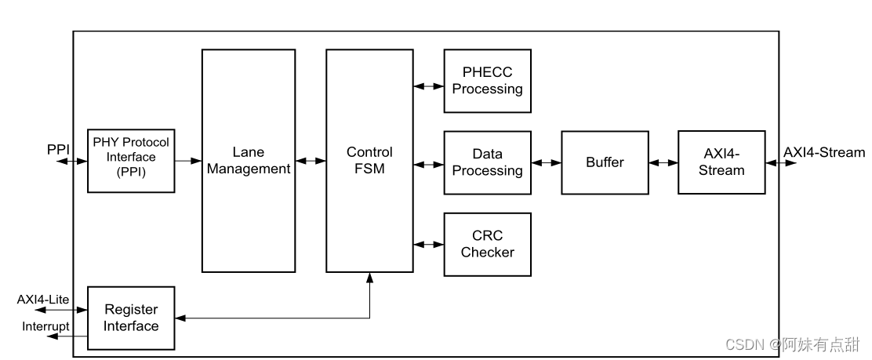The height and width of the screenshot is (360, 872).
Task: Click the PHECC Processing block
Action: tap(487, 81)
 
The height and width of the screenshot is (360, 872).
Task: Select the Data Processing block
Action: tap(487, 162)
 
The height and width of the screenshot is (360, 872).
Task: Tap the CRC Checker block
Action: tap(487, 244)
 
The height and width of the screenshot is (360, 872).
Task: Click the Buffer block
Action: tap(605, 162)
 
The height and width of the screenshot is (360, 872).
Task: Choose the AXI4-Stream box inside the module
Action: tap(721, 162)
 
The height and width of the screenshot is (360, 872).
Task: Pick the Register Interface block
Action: tap(131, 318)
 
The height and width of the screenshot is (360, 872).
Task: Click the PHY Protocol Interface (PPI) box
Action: tap(131, 160)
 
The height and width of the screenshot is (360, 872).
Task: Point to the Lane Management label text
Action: tap(247, 161)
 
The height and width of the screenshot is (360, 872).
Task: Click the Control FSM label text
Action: tap(369, 161)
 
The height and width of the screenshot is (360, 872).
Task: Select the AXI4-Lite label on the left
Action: tap(42, 300)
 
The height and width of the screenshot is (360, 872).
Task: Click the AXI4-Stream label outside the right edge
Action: tap(823, 153)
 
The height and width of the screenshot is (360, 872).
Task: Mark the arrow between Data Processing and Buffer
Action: tap(546, 163)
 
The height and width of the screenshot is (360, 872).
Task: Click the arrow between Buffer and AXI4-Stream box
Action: tap(663, 163)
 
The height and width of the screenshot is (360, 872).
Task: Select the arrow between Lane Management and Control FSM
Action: tap(309, 161)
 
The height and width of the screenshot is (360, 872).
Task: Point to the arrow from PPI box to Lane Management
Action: tap(188, 161)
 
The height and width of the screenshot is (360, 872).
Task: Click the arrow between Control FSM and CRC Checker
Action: tap(428, 245)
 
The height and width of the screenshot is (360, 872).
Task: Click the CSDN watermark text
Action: tap(792, 344)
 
